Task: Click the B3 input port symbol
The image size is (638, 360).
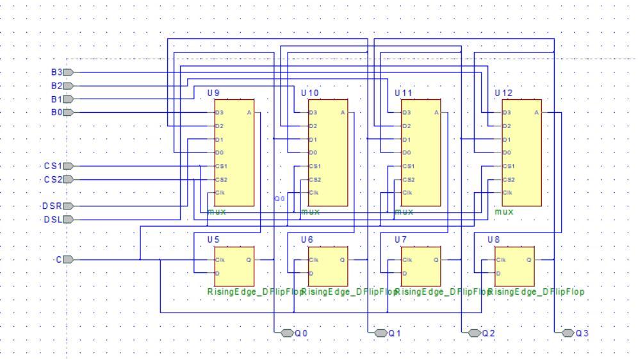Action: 70,72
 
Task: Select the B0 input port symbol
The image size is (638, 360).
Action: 70,113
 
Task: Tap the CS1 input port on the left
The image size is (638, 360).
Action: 70,166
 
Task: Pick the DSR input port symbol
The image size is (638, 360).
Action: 70,206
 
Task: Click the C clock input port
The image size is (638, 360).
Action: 70,259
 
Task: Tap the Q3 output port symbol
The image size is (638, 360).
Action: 567,333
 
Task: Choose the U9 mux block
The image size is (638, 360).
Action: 234,152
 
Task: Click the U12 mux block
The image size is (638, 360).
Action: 521,152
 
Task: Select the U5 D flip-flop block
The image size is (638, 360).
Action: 234,266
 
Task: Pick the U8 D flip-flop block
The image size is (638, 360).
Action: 514,266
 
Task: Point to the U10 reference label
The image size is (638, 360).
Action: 309,93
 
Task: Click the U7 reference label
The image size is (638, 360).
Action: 400,239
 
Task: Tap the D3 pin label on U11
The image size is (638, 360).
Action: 407,113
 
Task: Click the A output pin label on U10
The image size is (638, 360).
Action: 343,113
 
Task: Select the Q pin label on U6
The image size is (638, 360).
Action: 342,259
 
